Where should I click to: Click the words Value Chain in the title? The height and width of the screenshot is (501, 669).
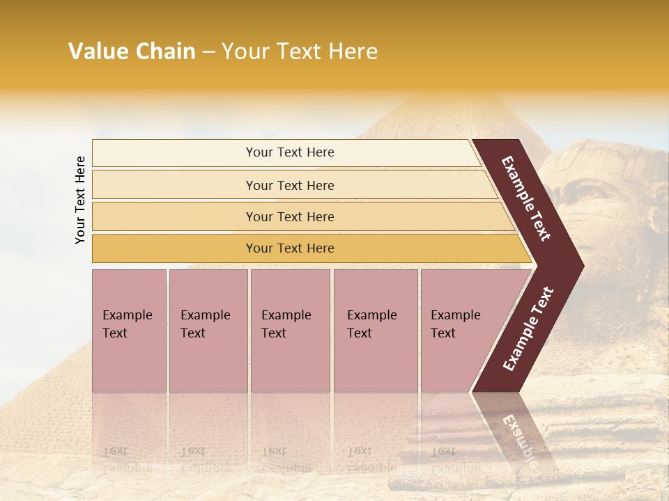pyautogui.click(x=132, y=51)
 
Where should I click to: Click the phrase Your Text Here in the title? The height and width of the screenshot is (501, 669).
pyautogui.click(x=300, y=51)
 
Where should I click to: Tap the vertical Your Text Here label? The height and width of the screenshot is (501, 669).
pyautogui.click(x=80, y=200)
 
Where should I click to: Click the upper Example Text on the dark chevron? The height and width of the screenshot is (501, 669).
pyautogui.click(x=526, y=198)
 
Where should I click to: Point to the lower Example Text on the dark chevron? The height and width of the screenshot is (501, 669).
pyautogui.click(x=528, y=329)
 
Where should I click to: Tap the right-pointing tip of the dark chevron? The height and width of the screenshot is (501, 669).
pyautogui.click(x=580, y=266)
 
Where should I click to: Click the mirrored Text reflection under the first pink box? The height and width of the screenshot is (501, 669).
pyautogui.click(x=116, y=451)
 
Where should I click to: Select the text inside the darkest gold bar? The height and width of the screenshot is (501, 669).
pyautogui.click(x=290, y=248)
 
